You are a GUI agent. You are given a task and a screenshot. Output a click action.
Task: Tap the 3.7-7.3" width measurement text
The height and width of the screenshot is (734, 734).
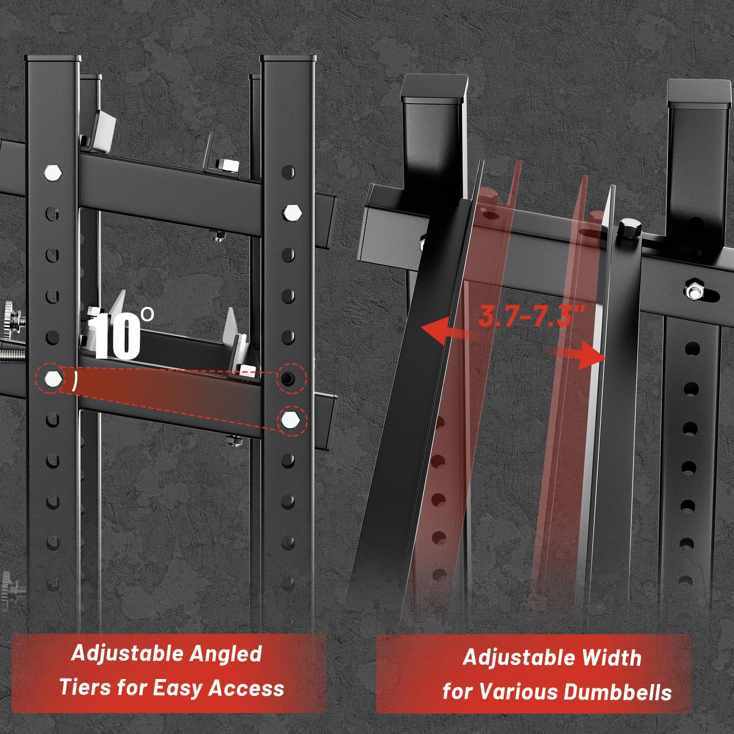[x=532, y=316]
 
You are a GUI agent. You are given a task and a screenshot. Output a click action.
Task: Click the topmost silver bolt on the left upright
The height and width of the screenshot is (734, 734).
[x=53, y=172]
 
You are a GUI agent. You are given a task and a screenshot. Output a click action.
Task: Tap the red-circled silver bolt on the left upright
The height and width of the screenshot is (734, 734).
[x=53, y=379]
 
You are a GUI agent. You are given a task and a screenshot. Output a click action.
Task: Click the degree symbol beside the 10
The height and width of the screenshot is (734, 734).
[x=147, y=314]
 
